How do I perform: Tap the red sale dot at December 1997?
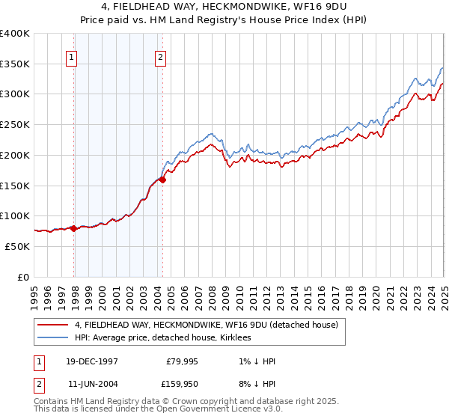tap(74, 228)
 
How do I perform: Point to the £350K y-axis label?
tap(15, 64)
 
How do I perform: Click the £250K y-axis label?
tap(15, 125)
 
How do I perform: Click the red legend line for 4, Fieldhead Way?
tap(53, 325)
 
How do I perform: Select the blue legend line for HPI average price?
tap(53, 338)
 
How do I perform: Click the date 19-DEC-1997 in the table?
tap(92, 362)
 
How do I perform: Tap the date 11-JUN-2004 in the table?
tap(92, 384)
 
